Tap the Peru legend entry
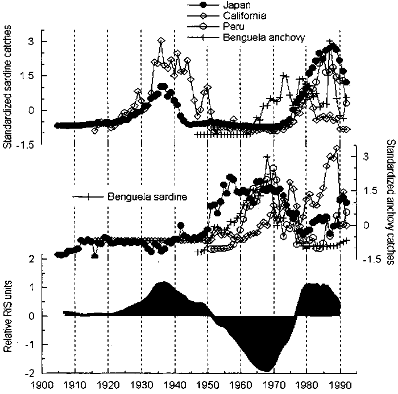(x=225, y=26)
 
